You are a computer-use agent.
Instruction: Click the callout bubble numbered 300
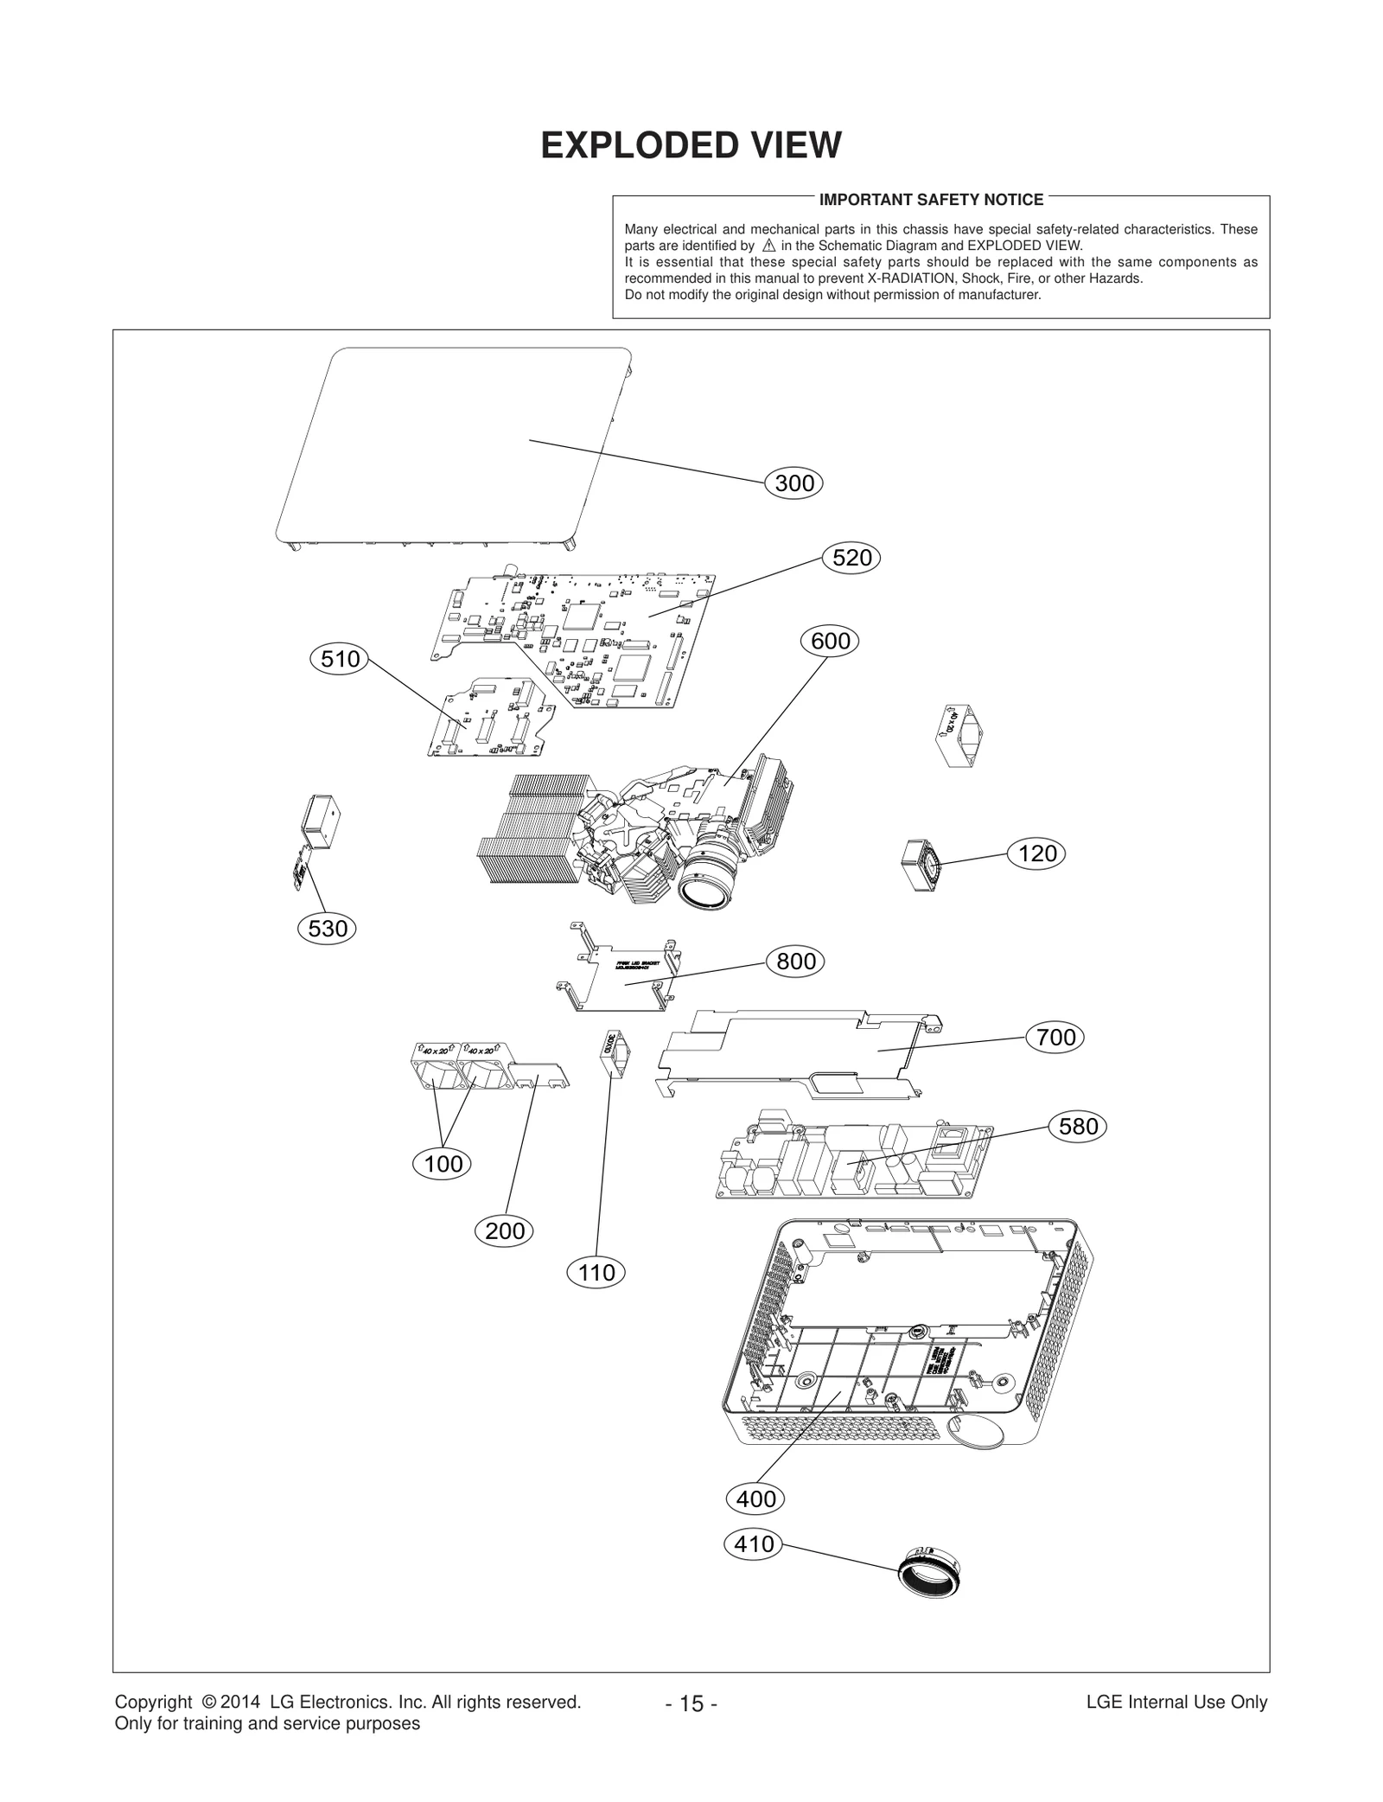pyautogui.click(x=793, y=483)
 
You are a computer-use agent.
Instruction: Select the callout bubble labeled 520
pyautogui.click(x=851, y=558)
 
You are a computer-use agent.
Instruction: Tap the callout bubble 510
pyautogui.click(x=340, y=660)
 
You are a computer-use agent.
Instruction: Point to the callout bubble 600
pyautogui.click(x=831, y=642)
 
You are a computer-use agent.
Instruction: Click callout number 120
pyautogui.click(x=1036, y=853)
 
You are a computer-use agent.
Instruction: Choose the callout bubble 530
pyautogui.click(x=328, y=929)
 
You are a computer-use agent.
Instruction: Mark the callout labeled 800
pyautogui.click(x=796, y=962)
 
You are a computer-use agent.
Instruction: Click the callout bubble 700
pyautogui.click(x=1055, y=1037)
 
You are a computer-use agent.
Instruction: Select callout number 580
pyautogui.click(x=1078, y=1126)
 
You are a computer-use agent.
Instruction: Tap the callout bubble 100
pyautogui.click(x=443, y=1164)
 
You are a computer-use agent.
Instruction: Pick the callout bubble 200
pyautogui.click(x=505, y=1230)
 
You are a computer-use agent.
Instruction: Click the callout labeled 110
pyautogui.click(x=596, y=1272)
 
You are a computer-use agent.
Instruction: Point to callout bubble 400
pyautogui.click(x=755, y=1498)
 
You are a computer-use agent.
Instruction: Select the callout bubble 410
pyautogui.click(x=754, y=1543)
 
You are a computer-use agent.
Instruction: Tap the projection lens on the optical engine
pyautogui.click(x=706, y=887)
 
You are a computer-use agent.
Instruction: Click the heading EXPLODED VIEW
pyautogui.click(x=691, y=145)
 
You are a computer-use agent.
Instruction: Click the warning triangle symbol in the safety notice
pyautogui.click(x=769, y=246)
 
